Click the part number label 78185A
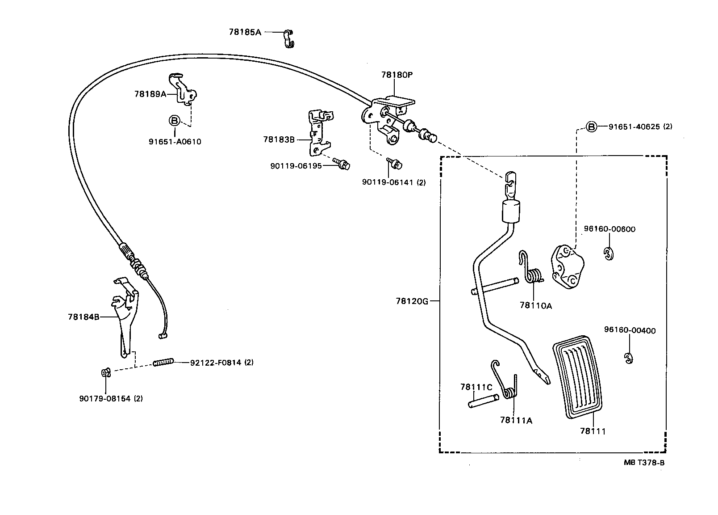pos(245,32)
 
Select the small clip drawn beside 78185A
pos(289,38)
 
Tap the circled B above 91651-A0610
pos(174,121)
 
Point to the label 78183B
pos(279,139)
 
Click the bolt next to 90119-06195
pos(342,165)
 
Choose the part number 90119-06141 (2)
pos(394,182)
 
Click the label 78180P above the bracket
pos(397,75)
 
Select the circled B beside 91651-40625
pos(591,127)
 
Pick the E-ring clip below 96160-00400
pos(629,358)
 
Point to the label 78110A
pos(536,306)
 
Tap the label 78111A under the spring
pos(516,420)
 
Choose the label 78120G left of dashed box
pos(412,301)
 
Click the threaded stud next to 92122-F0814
pos(163,363)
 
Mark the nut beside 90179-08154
pos(106,372)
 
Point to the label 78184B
pos(83,317)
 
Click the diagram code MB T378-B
pos(644,463)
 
